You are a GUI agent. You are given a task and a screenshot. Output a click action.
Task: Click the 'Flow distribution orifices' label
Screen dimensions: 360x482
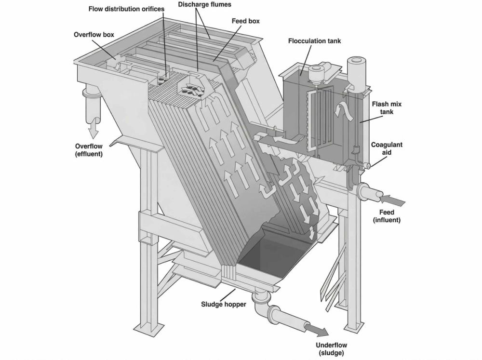(126, 9)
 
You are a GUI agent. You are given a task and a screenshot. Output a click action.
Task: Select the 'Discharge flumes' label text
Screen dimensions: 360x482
(204, 4)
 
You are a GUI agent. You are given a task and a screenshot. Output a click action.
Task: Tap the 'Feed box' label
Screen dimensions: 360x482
(247, 21)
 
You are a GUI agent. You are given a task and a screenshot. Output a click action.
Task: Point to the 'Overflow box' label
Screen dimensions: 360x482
(94, 35)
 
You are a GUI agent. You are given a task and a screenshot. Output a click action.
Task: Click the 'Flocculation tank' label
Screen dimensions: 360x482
(314, 41)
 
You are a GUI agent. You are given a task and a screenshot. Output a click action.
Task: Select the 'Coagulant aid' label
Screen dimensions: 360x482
(387, 148)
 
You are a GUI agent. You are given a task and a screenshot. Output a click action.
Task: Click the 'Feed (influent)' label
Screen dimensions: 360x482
(387, 216)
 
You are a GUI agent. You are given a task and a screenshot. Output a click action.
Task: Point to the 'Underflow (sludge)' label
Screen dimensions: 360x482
(331, 349)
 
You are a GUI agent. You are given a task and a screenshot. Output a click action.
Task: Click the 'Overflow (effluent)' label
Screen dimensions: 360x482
(89, 150)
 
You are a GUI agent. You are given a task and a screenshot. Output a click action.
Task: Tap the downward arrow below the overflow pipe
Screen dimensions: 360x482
(93, 129)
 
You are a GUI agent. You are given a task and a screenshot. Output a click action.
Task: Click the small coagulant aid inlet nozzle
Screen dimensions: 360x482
(367, 165)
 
